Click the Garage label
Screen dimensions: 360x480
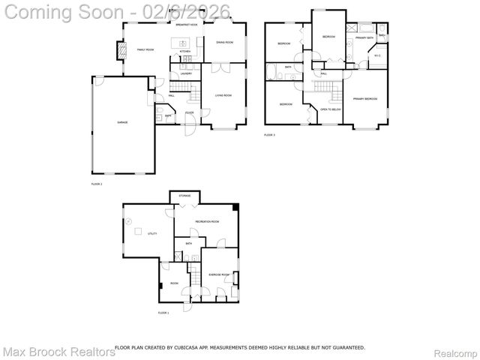tap(121, 122)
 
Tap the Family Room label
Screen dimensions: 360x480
tap(145, 49)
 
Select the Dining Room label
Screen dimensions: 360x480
tap(224, 43)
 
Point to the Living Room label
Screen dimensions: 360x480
tap(223, 95)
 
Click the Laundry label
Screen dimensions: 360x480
tap(186, 73)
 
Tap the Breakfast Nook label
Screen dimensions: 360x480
tap(187, 25)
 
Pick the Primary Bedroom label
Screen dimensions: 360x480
tap(365, 99)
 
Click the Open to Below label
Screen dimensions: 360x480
tap(330, 109)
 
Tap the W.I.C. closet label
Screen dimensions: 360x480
tap(378, 55)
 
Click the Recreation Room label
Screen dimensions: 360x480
tap(207, 222)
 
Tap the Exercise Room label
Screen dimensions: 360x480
tap(219, 275)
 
